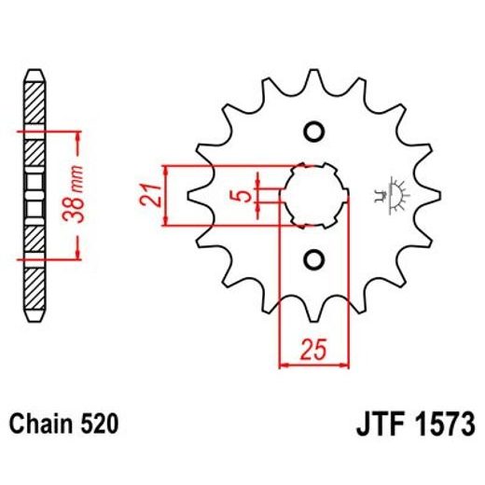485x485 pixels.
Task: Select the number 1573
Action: pos(444,424)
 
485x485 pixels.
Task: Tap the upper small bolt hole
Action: pos(312,131)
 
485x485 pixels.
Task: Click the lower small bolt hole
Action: pos(312,258)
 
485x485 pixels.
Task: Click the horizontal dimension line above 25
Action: pos(313,366)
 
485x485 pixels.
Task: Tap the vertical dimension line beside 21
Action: pos(166,195)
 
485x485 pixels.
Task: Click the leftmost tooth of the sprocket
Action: pos(197,195)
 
